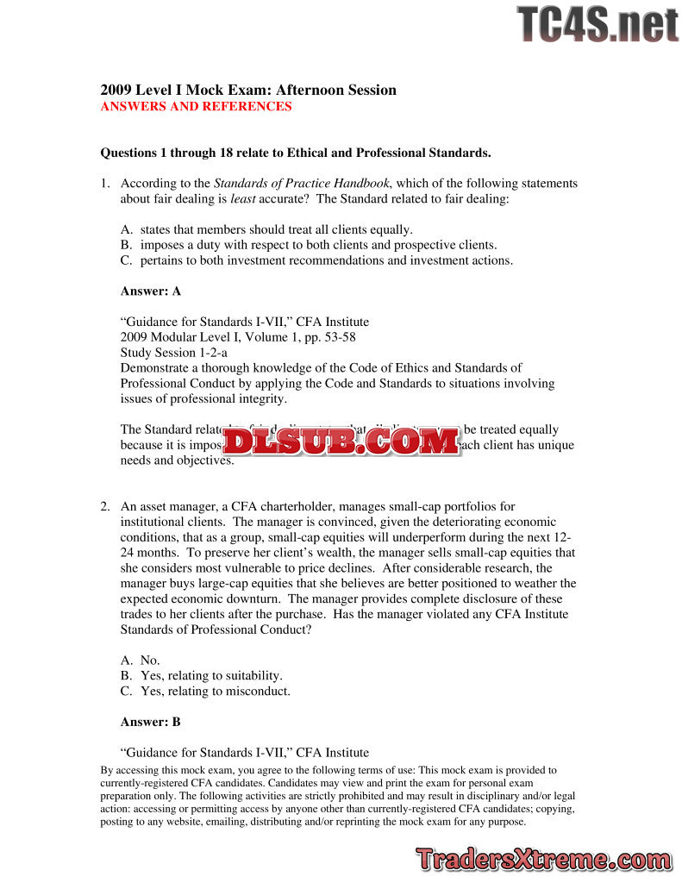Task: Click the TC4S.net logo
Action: pyautogui.click(x=598, y=24)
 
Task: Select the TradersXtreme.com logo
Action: pyautogui.click(x=544, y=859)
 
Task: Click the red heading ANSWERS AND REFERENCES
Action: pyautogui.click(x=196, y=107)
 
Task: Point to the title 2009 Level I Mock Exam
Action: pyautogui.click(x=248, y=90)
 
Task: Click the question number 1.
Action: pyautogui.click(x=104, y=183)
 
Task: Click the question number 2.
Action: pyautogui.click(x=104, y=506)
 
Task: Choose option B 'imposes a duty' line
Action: pyautogui.click(x=309, y=245)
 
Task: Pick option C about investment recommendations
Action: pyautogui.click(x=316, y=260)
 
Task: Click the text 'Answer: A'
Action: pyautogui.click(x=151, y=291)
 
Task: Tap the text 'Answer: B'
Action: pyautogui.click(x=151, y=722)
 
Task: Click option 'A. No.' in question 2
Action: pyautogui.click(x=141, y=660)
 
